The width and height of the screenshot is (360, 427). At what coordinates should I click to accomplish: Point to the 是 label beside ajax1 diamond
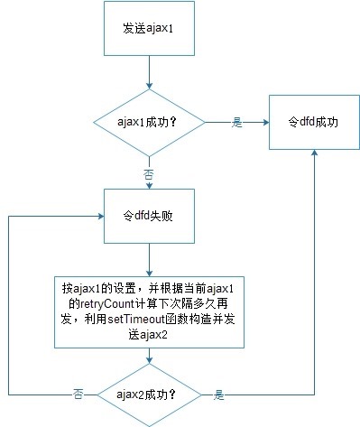pyautogui.click(x=237, y=123)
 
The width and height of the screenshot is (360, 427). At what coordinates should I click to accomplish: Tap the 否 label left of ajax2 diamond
pyautogui.click(x=78, y=395)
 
